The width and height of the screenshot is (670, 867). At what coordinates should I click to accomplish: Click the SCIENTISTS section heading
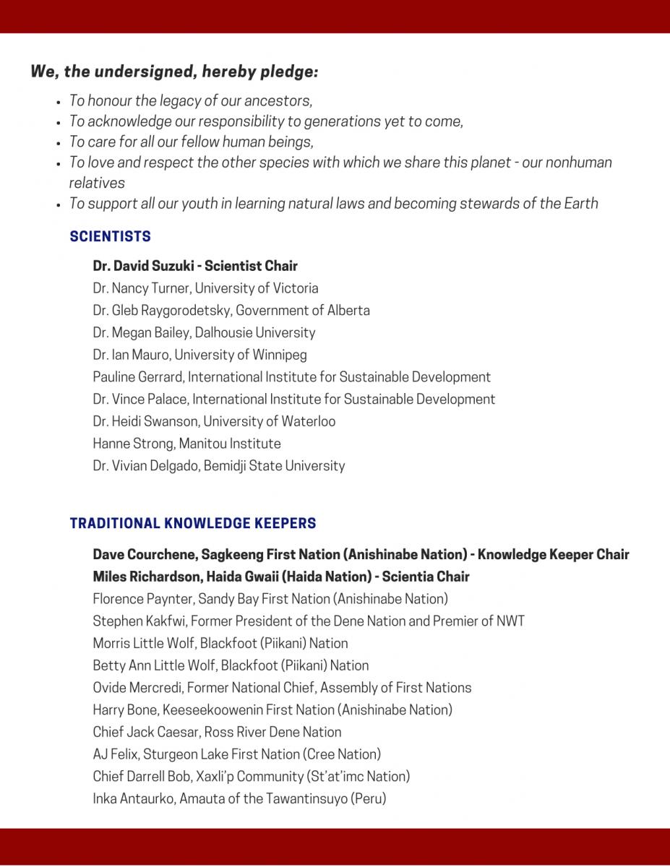point(110,236)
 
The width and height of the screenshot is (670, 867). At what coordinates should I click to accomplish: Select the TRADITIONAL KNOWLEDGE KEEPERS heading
point(192,523)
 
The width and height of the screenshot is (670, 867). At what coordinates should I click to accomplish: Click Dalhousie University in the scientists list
point(254,333)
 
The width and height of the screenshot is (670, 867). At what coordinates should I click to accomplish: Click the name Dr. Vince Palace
point(139,400)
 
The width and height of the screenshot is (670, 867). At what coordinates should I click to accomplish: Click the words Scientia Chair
point(425,577)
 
